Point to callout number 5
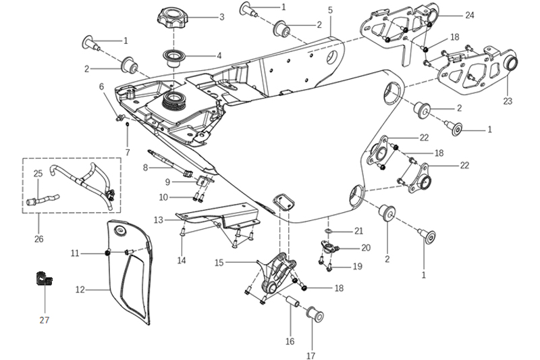pos(330,10)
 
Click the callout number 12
pos(80,290)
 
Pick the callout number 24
pos(470,14)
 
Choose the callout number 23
pos(508,101)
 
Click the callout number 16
pos(290,342)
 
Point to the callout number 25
pos(38,174)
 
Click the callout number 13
pos(158,220)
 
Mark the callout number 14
pos(182,260)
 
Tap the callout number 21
pos(359,231)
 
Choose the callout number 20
pos(366,248)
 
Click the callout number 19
pos(357,266)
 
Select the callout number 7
pos(127,153)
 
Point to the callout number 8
pos(145,167)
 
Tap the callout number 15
pos(219,262)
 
